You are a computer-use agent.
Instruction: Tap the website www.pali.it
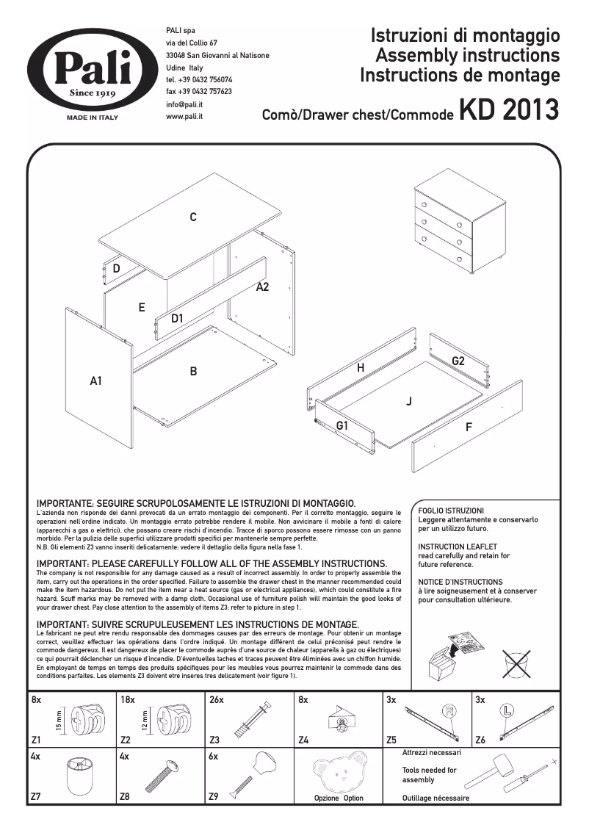coord(184,116)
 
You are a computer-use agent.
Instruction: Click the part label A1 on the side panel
coord(95,381)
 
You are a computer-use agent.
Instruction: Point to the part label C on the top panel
coord(192,217)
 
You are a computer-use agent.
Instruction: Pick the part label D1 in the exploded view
coord(177,319)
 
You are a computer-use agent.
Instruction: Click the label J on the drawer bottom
coord(408,401)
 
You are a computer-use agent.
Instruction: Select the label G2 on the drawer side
coord(458,361)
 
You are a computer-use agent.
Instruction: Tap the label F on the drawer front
coord(469,427)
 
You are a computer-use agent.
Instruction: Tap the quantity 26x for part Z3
coord(216,701)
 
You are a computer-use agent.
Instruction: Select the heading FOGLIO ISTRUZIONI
coord(450,511)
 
